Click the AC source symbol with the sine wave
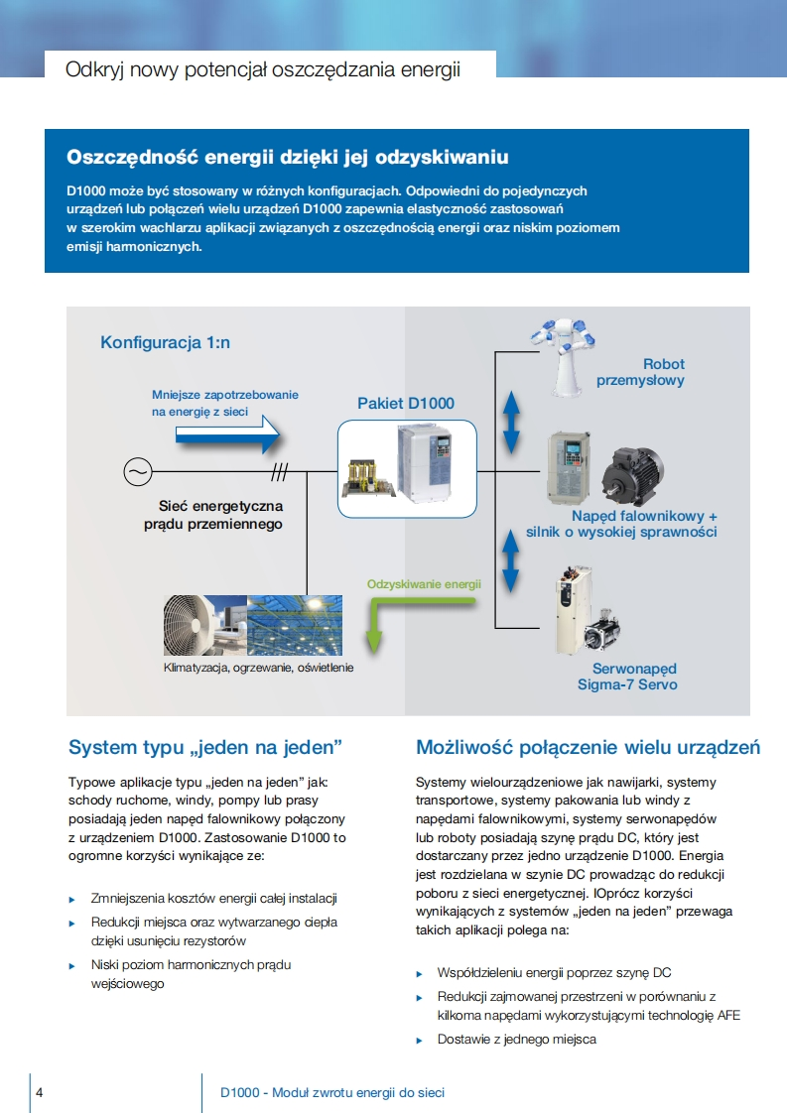(x=137, y=471)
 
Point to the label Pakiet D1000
(x=406, y=403)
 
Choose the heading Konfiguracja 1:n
(x=165, y=342)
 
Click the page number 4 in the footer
(x=40, y=1092)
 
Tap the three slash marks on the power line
(x=282, y=471)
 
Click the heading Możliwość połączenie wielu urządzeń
(x=588, y=747)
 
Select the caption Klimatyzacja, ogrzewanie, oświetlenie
(x=258, y=668)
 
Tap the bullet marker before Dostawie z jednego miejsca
(x=419, y=1040)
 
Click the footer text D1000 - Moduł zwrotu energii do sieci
(x=332, y=1092)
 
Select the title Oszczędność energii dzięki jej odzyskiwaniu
(x=288, y=157)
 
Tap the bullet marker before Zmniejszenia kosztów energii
(x=71, y=899)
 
